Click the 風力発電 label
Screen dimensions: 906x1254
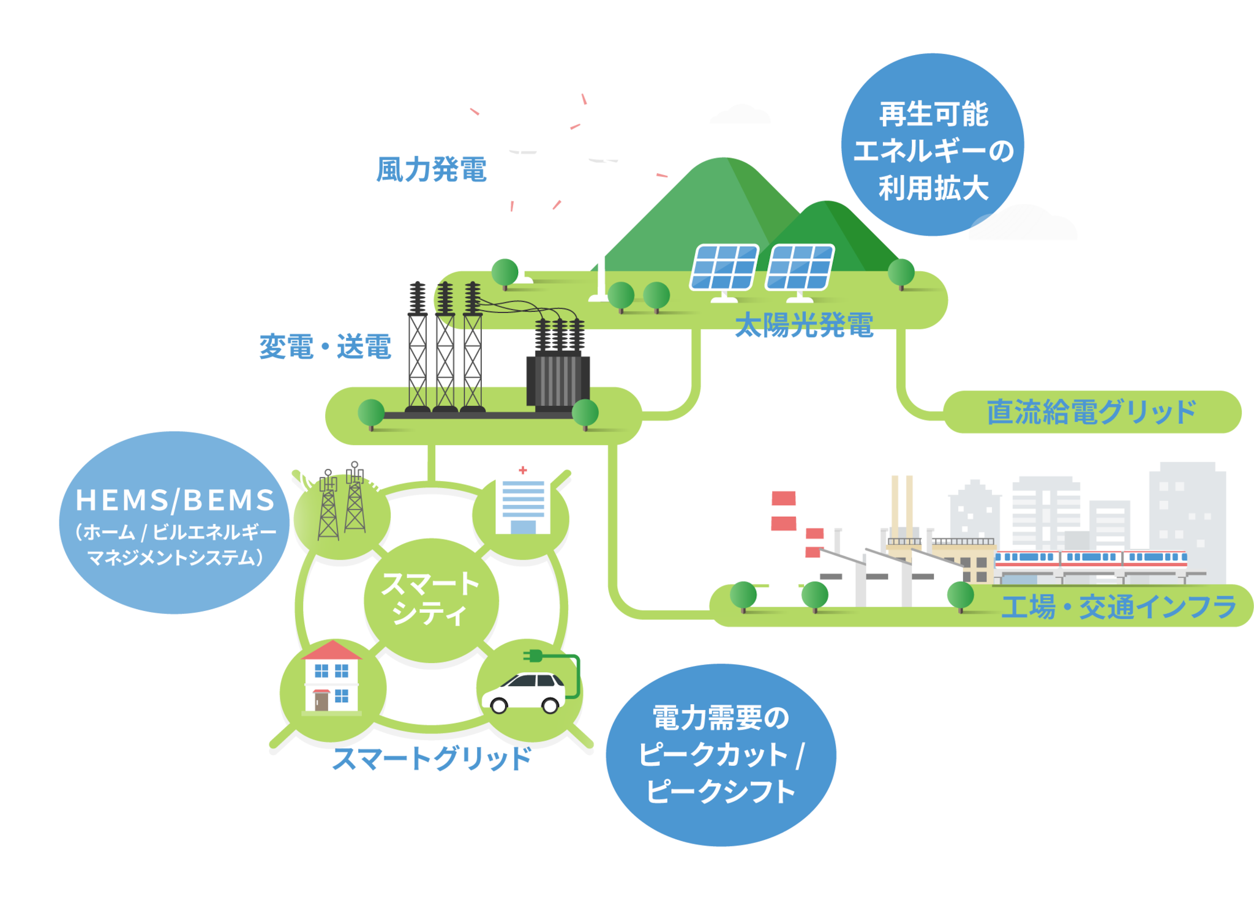pos(432,169)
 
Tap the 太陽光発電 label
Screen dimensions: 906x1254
pos(804,325)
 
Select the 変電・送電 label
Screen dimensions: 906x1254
pos(325,347)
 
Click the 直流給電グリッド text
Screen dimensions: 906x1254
pos(1091,411)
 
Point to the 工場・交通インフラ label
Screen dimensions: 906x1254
pos(1119,607)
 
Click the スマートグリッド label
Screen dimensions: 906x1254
pos(432,758)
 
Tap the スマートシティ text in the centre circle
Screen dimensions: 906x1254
pos(430,598)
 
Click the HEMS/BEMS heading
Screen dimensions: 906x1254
pos(175,500)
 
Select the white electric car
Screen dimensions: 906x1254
pos(525,692)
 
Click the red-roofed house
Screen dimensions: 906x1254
pos(331,677)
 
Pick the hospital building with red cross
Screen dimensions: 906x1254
pos(522,500)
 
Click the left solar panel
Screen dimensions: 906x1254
pos(724,267)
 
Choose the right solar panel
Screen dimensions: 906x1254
pos(800,267)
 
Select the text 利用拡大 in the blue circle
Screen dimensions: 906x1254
pos(933,188)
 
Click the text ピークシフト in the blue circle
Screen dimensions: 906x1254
pos(721,791)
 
